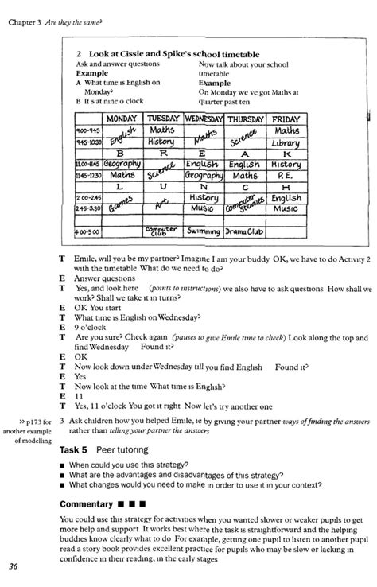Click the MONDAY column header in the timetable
(x=122, y=119)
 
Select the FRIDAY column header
(x=285, y=119)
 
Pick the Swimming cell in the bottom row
(x=203, y=231)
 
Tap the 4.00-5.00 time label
(x=87, y=232)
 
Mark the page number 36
(x=14, y=566)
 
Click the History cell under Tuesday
(x=161, y=142)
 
